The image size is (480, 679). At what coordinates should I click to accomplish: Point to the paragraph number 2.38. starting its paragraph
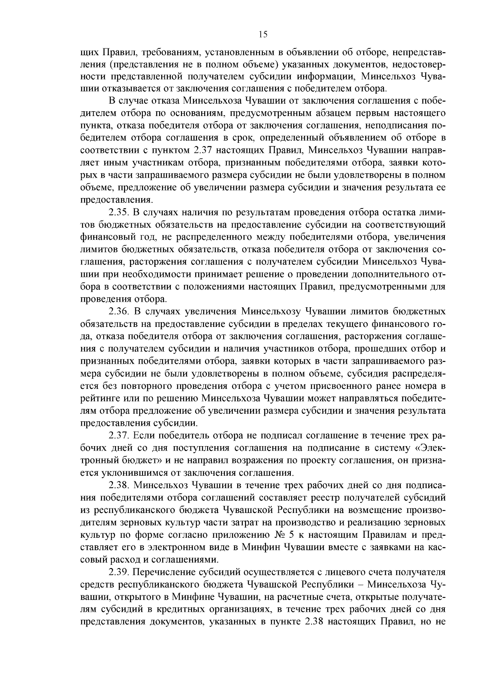[x=120, y=485]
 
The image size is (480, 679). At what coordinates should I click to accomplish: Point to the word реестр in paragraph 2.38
[x=327, y=498]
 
